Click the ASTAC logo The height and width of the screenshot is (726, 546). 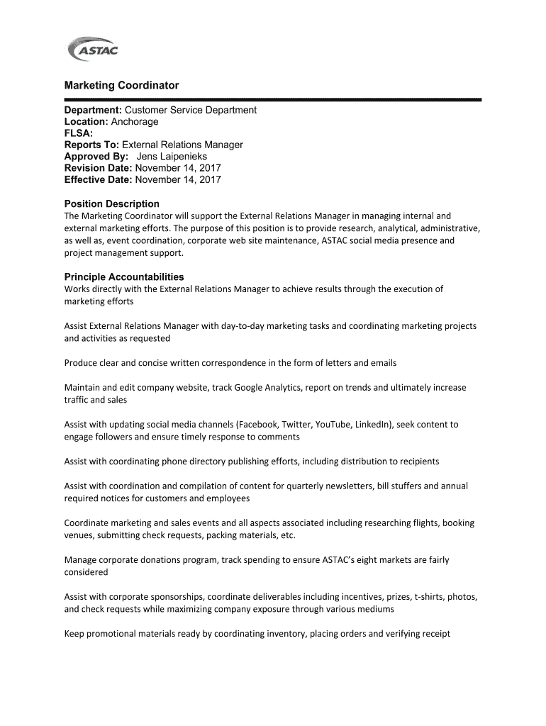point(92,50)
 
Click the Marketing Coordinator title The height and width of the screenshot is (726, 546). point(121,85)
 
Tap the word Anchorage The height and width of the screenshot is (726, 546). point(135,121)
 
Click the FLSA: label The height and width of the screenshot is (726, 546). point(78,133)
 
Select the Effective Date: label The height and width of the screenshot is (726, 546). point(99,179)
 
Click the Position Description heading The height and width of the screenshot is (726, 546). point(112,203)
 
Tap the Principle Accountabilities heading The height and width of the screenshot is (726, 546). point(124,277)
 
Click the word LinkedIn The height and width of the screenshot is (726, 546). point(372,424)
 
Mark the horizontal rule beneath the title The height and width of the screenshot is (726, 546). point(273,100)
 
